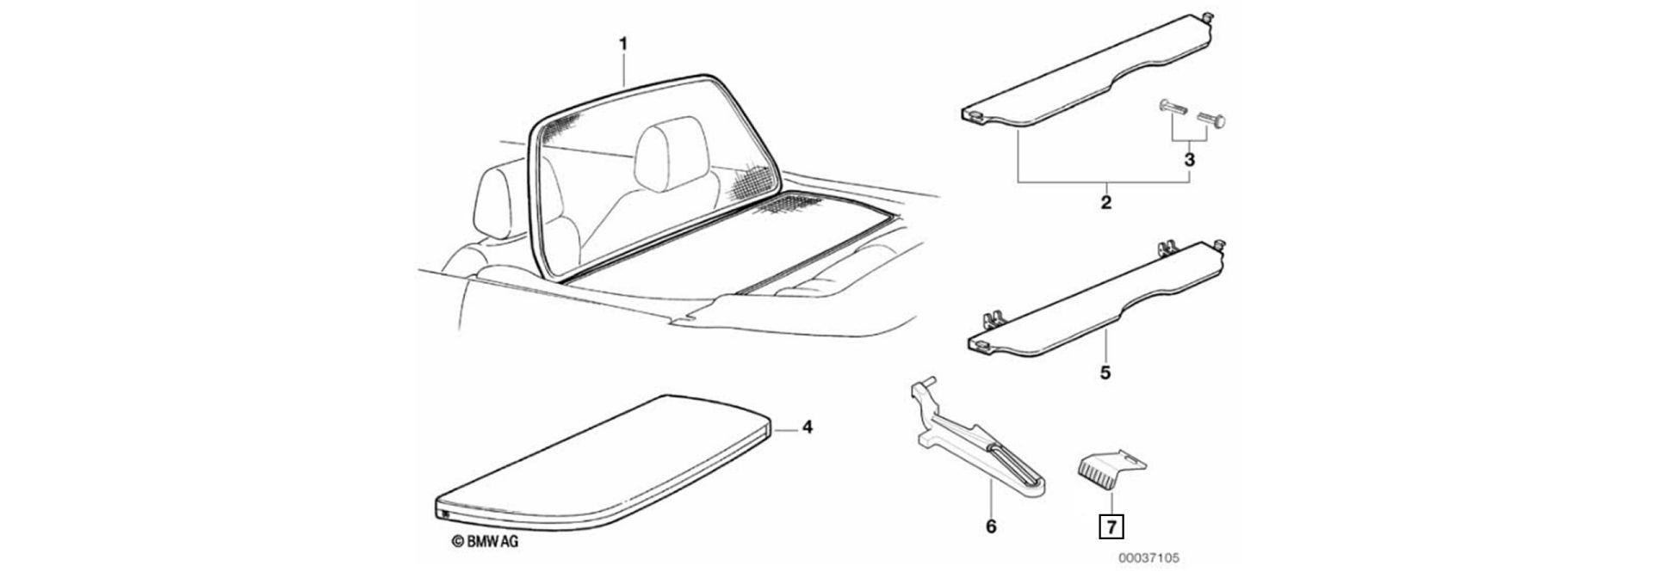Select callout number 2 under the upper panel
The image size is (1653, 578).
(1105, 203)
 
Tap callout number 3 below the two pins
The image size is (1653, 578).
(1189, 160)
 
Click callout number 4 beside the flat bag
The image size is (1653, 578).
(807, 427)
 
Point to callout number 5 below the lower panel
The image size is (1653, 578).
(1105, 373)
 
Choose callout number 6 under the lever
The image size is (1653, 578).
(991, 526)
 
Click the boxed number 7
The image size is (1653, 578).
(1111, 525)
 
